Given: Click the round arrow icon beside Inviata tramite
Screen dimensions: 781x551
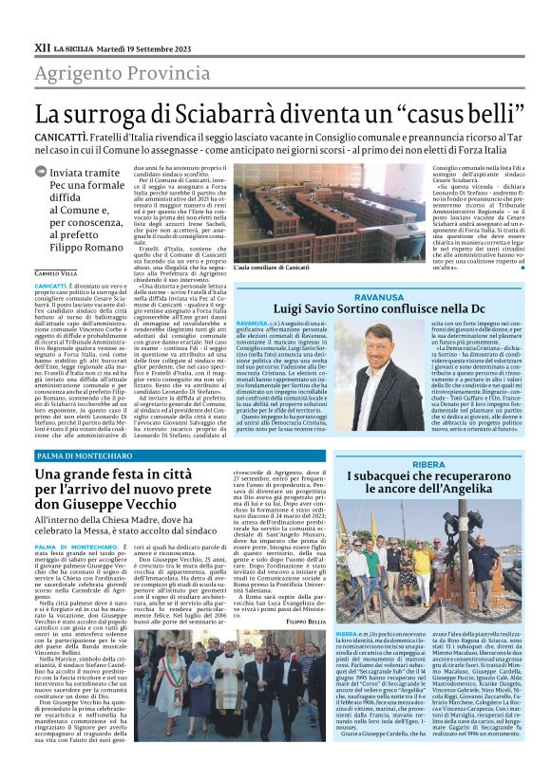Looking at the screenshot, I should point(41,172).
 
